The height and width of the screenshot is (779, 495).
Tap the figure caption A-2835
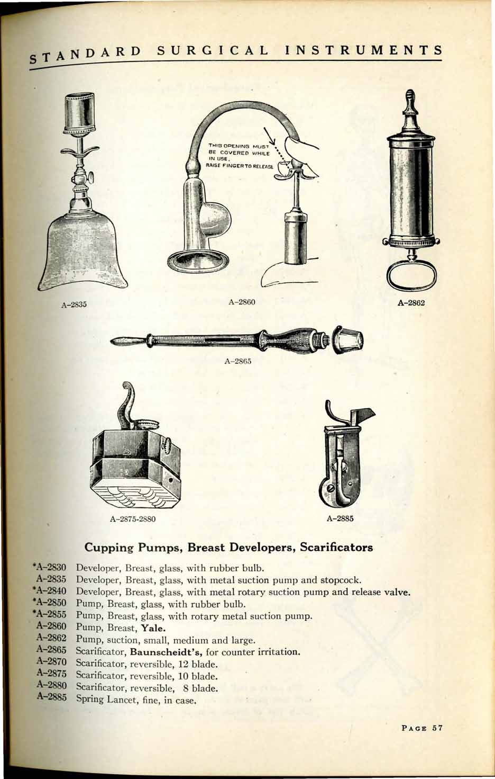click(74, 305)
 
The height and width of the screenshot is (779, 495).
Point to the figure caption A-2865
click(237, 362)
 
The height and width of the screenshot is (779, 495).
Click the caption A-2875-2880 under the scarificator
click(132, 519)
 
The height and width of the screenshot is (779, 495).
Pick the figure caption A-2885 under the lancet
click(340, 518)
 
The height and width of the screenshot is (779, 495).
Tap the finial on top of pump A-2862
click(411, 103)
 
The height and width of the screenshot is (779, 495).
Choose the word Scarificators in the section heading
click(336, 547)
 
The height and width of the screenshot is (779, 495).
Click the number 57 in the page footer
click(437, 728)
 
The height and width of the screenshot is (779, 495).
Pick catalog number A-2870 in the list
click(51, 664)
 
